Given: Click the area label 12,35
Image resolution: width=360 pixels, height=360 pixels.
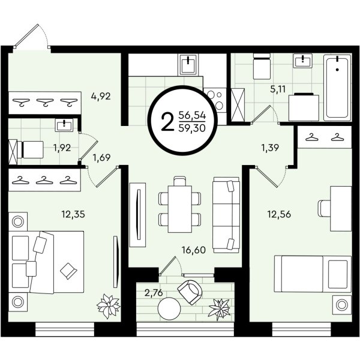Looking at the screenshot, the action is click(73, 214).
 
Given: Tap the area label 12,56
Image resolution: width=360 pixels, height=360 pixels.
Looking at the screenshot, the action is click(279, 214).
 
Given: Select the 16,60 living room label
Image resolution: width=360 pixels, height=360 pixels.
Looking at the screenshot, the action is click(194, 250).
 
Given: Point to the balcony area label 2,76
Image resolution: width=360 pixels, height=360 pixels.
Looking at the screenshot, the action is click(154, 293).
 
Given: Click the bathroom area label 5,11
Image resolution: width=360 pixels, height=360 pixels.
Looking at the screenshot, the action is click(278, 89).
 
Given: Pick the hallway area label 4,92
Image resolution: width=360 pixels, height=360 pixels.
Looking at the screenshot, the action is click(101, 96).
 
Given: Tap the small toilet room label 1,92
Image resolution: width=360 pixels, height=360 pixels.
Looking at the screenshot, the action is click(62, 148).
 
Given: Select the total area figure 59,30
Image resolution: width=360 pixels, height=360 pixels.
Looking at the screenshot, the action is click(192, 128).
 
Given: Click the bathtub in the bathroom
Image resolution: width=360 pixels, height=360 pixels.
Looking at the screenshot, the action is click(337, 87).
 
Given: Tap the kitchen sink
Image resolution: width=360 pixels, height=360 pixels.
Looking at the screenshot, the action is click(188, 65).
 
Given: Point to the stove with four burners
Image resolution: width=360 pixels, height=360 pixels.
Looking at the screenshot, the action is click(215, 101).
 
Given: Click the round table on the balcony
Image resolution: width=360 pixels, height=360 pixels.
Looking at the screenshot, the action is click(169, 308).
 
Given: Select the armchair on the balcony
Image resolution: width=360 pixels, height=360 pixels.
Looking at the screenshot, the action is click(190, 292).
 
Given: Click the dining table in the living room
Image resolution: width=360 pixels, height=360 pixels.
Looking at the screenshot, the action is click(180, 209).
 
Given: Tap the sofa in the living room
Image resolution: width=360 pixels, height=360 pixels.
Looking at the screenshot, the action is click(226, 215).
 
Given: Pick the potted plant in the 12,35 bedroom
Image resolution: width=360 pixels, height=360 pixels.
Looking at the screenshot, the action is click(109, 306).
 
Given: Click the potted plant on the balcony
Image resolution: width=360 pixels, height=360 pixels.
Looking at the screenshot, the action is click(220, 309).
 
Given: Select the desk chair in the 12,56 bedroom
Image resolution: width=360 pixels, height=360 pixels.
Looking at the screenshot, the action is click(324, 208).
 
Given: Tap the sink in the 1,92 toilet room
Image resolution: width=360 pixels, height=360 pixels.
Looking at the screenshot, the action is click(64, 125).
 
